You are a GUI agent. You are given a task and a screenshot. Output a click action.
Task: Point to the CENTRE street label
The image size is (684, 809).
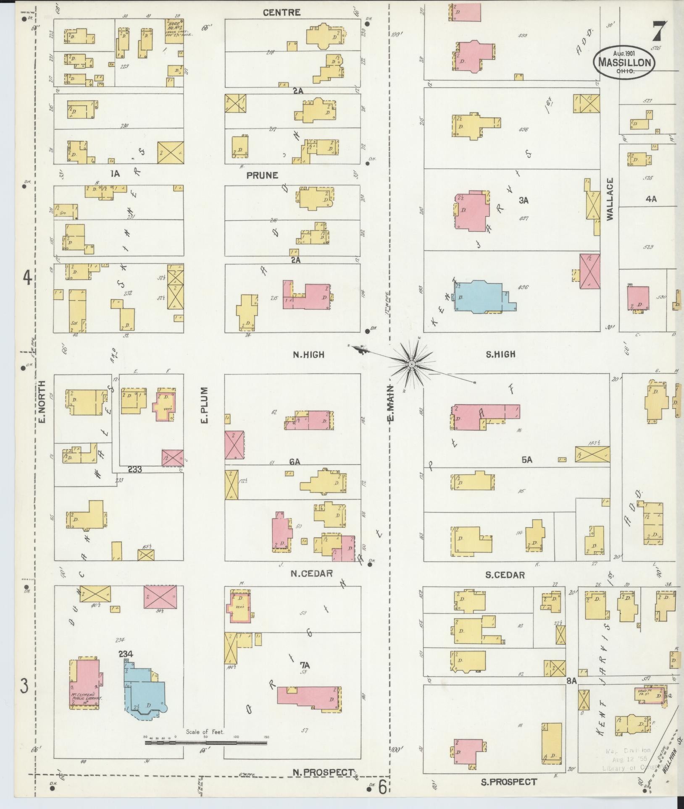point(281,13)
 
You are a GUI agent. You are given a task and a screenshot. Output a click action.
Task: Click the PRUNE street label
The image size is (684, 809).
point(263,175)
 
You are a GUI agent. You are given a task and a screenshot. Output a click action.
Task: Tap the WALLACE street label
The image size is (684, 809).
point(610,199)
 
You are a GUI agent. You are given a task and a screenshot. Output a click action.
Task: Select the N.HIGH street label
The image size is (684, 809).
point(309,355)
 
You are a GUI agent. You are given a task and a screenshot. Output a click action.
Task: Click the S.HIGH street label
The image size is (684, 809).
point(500,355)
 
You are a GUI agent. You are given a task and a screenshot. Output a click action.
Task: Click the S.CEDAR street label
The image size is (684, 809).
point(505,575)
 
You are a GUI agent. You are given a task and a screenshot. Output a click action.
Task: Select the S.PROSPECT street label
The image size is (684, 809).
point(509,782)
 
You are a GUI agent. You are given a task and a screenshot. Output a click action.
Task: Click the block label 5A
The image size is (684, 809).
point(527,460)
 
